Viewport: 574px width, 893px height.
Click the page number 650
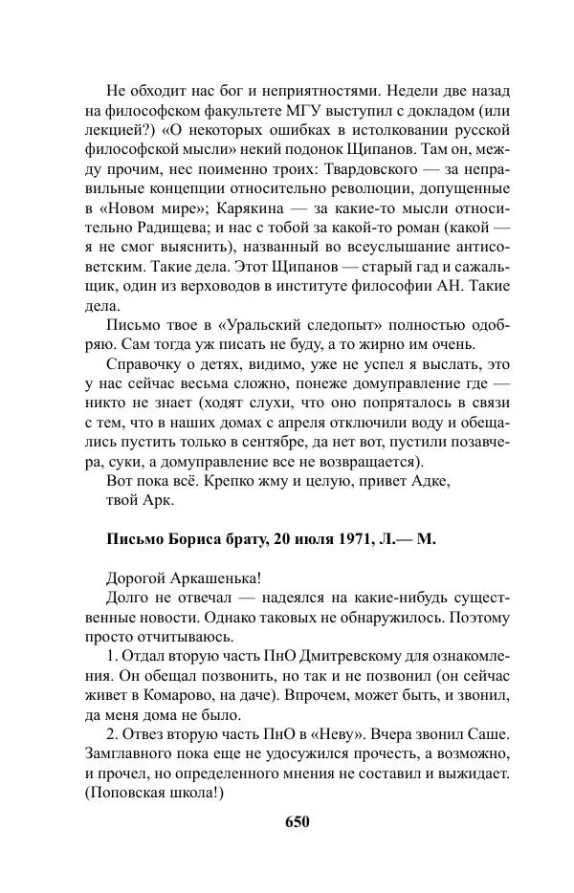click(x=298, y=821)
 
